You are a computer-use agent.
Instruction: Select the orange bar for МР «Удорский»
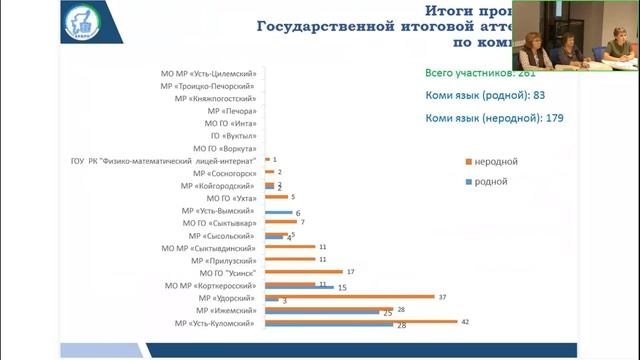(348, 296)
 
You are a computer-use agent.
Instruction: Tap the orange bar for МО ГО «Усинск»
(302, 271)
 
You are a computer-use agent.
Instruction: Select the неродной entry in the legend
(495, 161)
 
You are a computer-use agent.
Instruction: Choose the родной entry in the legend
(489, 181)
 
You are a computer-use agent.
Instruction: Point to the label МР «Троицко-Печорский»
(212, 87)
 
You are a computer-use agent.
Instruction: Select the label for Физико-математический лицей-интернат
(165, 160)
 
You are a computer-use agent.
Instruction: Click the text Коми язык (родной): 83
(483, 95)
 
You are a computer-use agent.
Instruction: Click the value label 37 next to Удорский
(441, 296)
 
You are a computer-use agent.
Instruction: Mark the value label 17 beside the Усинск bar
(350, 271)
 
